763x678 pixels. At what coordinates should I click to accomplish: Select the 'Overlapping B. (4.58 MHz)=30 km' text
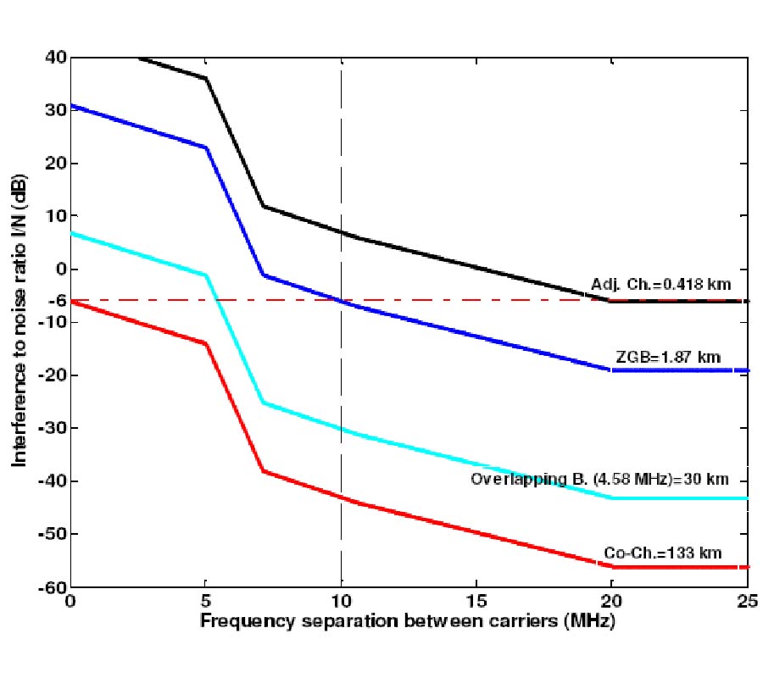[x=599, y=479]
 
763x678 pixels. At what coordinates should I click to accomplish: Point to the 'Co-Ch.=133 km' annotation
[x=663, y=553]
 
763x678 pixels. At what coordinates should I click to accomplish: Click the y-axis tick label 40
[x=55, y=58]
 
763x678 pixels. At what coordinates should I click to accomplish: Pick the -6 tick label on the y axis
[x=55, y=300]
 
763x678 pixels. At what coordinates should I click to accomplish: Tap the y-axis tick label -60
[x=52, y=586]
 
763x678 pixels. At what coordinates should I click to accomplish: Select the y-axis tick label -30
[x=52, y=428]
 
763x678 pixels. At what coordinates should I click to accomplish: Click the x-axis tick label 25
[x=747, y=603]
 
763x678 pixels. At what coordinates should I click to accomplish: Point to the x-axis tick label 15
[x=476, y=603]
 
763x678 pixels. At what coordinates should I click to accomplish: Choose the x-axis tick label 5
[x=206, y=603]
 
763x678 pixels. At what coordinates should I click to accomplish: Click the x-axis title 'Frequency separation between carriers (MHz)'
[x=407, y=620]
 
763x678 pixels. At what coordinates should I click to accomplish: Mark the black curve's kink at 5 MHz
[x=206, y=78]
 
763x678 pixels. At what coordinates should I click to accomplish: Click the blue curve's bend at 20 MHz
[x=611, y=370]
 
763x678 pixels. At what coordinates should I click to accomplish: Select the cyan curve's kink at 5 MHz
[x=206, y=275]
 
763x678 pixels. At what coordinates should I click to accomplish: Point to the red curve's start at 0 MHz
[x=71, y=301]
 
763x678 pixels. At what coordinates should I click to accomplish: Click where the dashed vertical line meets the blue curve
[x=341, y=301]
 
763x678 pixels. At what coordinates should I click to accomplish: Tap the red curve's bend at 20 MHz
[x=611, y=565]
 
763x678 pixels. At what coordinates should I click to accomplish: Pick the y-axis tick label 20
[x=55, y=164]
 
